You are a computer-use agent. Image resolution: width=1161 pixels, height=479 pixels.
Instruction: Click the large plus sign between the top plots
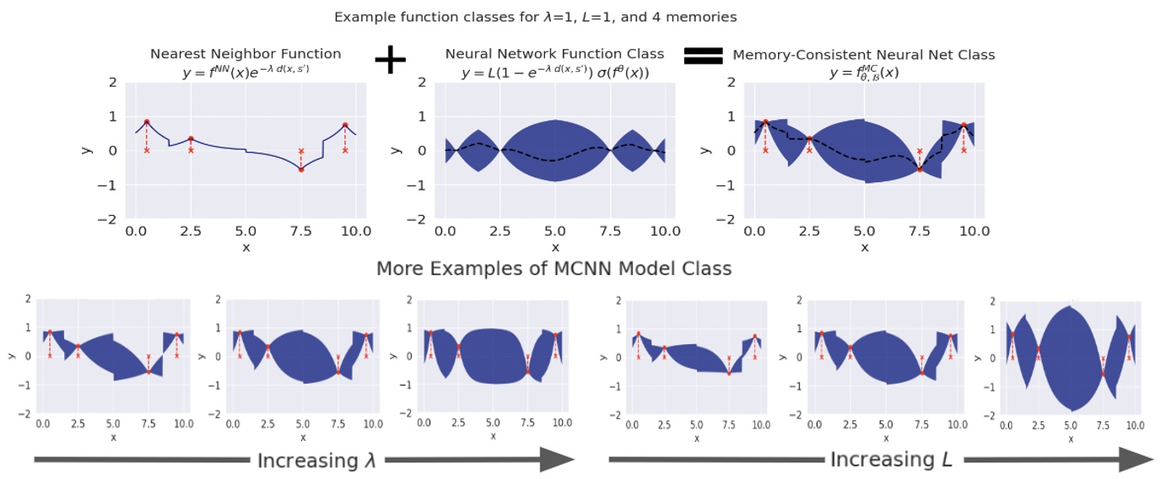tap(390, 59)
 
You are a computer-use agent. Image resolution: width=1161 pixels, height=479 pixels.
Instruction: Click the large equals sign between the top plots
tap(703, 56)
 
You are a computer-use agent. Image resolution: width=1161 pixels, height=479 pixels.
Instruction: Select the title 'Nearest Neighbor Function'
tap(246, 54)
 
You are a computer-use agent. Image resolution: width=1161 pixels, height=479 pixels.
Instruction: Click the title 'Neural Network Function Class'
tap(554, 54)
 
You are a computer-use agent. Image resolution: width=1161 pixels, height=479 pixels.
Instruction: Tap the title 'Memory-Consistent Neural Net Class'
tap(863, 55)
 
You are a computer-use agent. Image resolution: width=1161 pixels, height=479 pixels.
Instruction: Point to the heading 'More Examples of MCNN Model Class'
tap(553, 269)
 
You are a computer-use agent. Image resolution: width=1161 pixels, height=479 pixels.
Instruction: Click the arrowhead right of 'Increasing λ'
tap(557, 460)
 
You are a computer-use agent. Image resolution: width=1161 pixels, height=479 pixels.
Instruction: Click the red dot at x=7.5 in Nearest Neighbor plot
tap(301, 170)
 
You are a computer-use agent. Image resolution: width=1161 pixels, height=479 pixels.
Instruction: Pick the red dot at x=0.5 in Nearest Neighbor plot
tap(147, 121)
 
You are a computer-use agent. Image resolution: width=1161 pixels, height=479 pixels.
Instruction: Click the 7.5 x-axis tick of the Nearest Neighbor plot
tap(301, 230)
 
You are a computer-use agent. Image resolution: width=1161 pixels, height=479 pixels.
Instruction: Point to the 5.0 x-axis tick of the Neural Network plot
tap(554, 230)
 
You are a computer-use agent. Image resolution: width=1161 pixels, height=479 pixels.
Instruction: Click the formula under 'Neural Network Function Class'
tap(554, 73)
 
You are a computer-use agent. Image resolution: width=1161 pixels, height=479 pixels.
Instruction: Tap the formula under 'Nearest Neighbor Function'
tap(246, 73)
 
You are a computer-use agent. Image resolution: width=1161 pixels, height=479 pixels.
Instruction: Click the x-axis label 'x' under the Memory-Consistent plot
tap(863, 246)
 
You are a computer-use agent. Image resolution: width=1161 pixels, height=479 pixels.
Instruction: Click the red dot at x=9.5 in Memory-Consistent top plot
tap(963, 125)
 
